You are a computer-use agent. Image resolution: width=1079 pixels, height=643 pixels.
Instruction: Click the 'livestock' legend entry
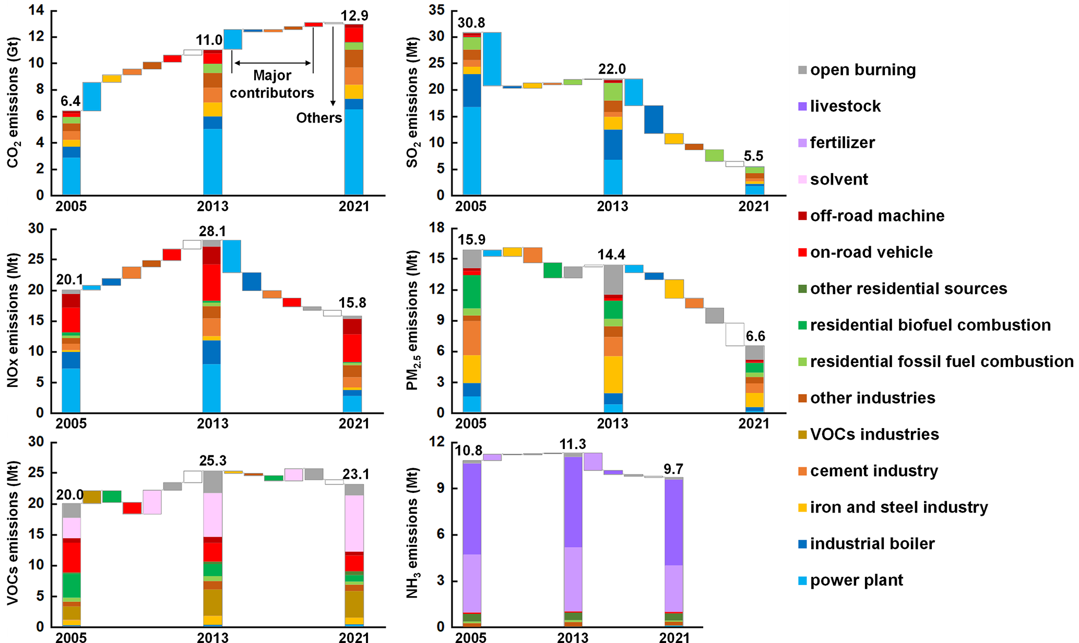[x=845, y=106]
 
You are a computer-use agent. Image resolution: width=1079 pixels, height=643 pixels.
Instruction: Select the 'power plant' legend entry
[x=856, y=580]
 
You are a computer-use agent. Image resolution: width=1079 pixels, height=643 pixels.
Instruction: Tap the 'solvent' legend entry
[x=839, y=179]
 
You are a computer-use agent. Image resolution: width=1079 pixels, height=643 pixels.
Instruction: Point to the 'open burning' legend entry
[x=862, y=70]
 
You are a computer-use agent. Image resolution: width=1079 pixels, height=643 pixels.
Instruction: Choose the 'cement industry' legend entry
[x=874, y=471]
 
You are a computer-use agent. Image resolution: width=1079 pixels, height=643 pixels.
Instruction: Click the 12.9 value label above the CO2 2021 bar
[x=354, y=16]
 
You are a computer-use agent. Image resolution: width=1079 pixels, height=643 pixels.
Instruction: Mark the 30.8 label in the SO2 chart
[x=471, y=23]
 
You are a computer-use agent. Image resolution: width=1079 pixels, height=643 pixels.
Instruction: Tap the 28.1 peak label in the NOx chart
[x=212, y=232]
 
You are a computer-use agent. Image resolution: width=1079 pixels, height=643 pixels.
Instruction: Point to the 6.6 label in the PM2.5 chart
[x=755, y=336]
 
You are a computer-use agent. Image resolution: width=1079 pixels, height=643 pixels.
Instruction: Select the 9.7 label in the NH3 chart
[x=673, y=469]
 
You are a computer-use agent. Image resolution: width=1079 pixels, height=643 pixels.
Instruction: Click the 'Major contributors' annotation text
[x=272, y=84]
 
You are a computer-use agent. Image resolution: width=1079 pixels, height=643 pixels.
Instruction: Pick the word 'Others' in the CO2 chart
[x=319, y=118]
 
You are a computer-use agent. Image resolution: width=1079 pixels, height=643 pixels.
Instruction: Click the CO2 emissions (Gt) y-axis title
[x=13, y=102]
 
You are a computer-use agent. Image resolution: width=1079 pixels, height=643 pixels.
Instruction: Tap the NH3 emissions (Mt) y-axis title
[x=412, y=533]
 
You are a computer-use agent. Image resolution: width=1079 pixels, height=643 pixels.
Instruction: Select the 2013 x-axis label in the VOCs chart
[x=212, y=637]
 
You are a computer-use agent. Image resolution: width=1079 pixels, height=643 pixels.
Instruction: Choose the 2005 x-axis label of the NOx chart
[x=71, y=423]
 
